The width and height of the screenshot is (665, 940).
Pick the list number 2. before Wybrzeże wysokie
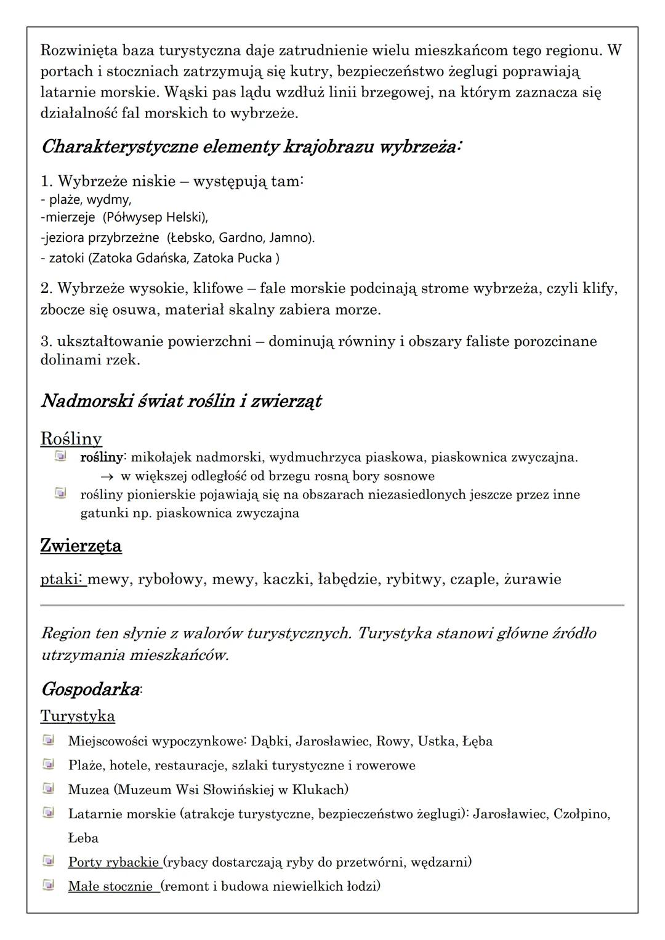pyautogui.click(x=47, y=289)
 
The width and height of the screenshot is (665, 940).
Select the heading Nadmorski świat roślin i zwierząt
pyautogui.click(x=181, y=401)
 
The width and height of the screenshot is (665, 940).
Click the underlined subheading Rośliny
pyautogui.click(x=71, y=439)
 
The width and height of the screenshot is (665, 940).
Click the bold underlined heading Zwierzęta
pyautogui.click(x=81, y=546)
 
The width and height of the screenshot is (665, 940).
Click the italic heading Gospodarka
pyautogui.click(x=90, y=689)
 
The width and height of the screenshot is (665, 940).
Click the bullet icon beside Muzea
pyautogui.click(x=48, y=789)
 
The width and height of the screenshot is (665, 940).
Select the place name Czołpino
pyautogui.click(x=580, y=814)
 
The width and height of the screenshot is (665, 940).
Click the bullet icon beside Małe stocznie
pyautogui.click(x=48, y=885)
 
